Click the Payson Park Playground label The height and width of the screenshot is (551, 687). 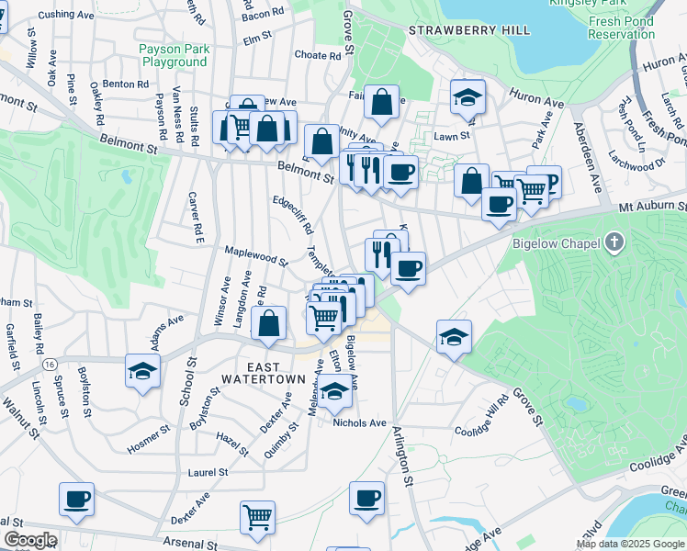tap(175, 55)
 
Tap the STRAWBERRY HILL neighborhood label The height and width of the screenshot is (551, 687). tap(469, 30)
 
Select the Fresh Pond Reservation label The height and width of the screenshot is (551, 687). tap(621, 28)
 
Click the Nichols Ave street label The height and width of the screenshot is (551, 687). tap(359, 422)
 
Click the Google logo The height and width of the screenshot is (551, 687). tap(29, 540)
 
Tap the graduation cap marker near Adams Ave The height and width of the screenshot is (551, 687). tap(142, 370)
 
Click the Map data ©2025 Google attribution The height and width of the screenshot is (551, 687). tap(630, 544)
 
